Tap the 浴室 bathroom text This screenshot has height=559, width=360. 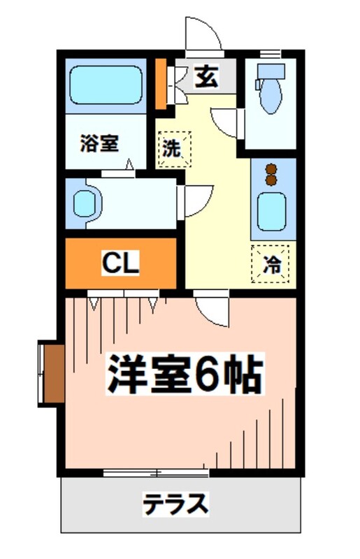[99, 143]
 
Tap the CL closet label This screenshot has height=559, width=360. [121, 263]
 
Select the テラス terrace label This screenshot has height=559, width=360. [175, 503]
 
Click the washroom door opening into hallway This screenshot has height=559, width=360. [196, 201]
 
